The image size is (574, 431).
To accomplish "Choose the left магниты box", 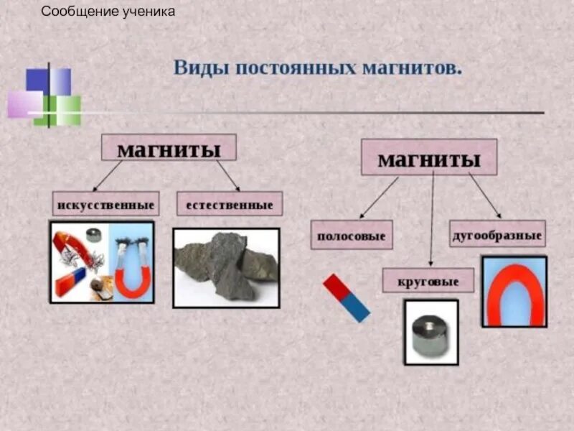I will [169, 148].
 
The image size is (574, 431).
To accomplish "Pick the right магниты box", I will [428, 157].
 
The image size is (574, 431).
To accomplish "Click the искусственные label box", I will [105, 205].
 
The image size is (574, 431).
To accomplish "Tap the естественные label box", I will [230, 205].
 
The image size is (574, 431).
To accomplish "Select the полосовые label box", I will [352, 235].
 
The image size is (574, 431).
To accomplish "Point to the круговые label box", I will [428, 281].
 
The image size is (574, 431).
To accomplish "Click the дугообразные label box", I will [497, 234].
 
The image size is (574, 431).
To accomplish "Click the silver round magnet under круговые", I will [430, 332].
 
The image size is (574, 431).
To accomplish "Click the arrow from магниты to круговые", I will [431, 219].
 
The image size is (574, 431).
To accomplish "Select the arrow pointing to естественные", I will [227, 176].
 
